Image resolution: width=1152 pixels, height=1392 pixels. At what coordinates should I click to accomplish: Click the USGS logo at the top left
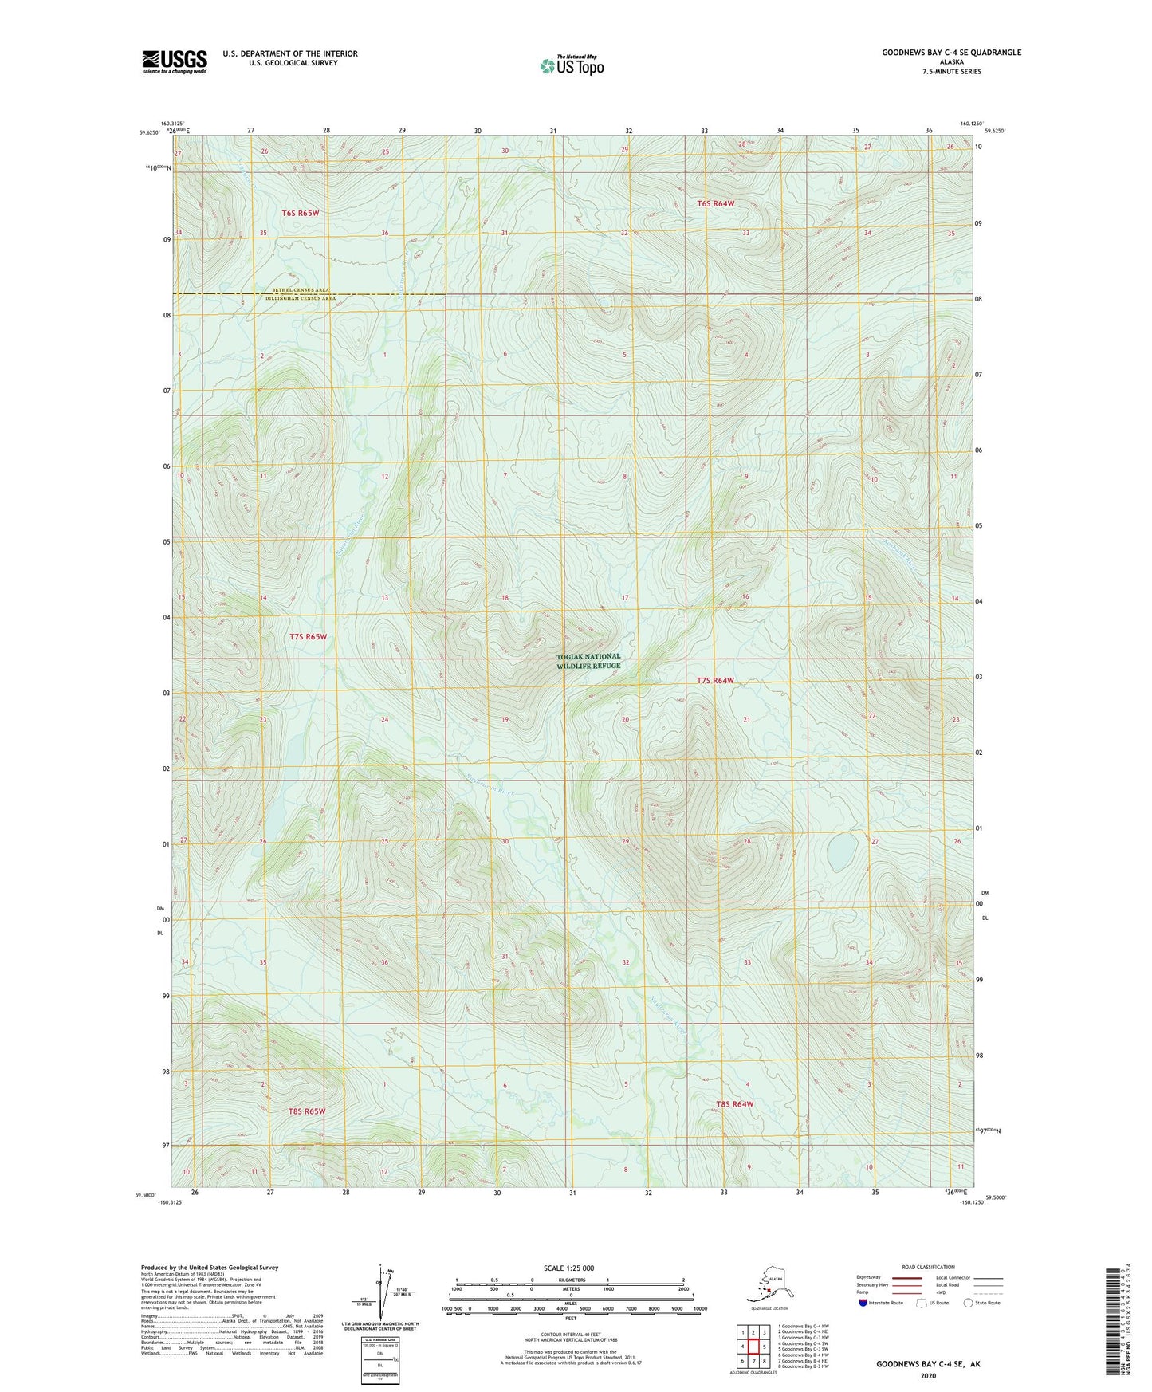point(175,61)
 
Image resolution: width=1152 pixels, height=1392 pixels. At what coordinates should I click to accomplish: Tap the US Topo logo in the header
point(572,65)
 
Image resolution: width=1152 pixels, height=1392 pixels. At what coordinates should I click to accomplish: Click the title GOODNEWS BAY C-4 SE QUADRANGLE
point(950,53)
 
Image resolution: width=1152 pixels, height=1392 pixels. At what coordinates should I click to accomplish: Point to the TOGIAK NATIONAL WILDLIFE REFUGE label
point(588,661)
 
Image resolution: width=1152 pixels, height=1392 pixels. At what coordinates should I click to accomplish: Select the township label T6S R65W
point(301,213)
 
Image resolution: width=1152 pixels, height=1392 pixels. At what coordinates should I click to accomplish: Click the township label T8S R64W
point(734,1104)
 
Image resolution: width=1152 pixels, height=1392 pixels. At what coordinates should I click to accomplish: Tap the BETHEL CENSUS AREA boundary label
point(300,290)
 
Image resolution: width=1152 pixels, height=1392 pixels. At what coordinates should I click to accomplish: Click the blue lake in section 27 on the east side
point(842,852)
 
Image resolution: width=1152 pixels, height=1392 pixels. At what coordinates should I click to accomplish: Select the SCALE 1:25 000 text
point(568,1268)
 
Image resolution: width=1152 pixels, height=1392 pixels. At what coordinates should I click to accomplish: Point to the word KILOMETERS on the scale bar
point(569,1280)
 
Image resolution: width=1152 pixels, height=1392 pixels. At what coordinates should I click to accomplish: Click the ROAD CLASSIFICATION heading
point(928,1267)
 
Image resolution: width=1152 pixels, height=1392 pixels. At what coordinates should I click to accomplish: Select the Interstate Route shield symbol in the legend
point(863,1303)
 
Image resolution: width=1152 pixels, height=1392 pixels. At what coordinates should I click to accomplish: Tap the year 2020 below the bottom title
point(928,1375)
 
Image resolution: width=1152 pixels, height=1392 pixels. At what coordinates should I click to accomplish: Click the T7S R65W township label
point(308,637)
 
